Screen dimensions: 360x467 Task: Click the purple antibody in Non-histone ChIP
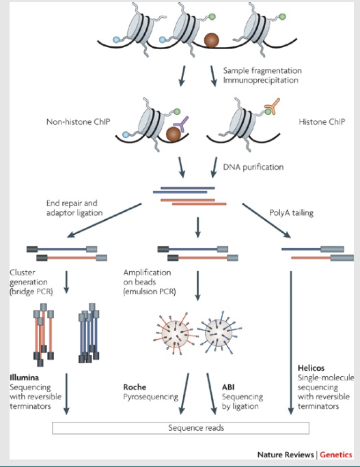coord(181,124)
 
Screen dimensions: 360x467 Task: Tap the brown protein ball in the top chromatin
coord(211,40)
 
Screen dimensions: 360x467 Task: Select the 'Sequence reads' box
coord(180,428)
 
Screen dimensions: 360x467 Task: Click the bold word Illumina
coord(24,378)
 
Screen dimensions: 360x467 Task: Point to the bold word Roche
coord(135,387)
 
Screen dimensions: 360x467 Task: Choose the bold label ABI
coord(228,387)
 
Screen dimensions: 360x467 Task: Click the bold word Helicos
coord(311,368)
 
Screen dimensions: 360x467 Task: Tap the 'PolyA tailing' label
coord(292,213)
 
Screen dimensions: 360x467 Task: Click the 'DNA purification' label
coord(253,167)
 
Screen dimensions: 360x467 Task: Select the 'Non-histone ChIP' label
coord(78,122)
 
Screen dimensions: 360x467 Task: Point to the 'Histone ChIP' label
coord(322,122)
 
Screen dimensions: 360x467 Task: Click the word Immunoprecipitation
coord(261,81)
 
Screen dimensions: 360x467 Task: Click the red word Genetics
coord(336,455)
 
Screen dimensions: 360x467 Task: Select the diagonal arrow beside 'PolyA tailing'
coord(266,221)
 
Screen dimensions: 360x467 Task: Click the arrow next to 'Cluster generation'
coord(66,282)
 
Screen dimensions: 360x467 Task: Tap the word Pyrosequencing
coord(151,397)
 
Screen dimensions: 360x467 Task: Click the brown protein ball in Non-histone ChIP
coord(174,134)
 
